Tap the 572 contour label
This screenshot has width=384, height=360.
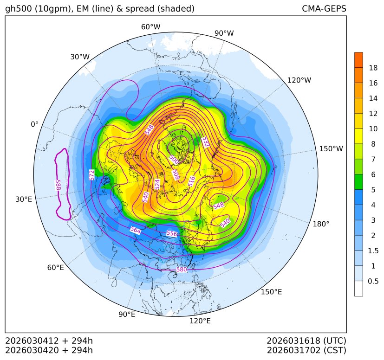coord(92,175)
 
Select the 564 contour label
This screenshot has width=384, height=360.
coord(135,230)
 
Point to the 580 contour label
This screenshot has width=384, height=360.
coord(182,270)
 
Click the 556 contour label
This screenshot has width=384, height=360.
coord(172,234)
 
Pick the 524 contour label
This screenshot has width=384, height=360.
coord(157,184)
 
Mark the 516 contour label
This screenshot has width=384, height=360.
coord(192,181)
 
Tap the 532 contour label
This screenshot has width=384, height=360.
coord(205,142)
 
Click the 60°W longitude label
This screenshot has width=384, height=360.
coord(150,27)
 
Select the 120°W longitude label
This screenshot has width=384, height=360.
coord(299,80)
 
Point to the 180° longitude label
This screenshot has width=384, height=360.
coord(321,224)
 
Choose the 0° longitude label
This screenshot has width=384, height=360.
coord(34,124)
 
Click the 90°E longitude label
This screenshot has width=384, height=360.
coord(127,314)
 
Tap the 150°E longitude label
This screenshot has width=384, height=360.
coord(271,292)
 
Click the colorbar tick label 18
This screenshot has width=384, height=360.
coord(373,68)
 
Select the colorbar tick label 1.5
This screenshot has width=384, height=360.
coord(373,251)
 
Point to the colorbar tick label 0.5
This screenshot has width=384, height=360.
coord(373,281)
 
